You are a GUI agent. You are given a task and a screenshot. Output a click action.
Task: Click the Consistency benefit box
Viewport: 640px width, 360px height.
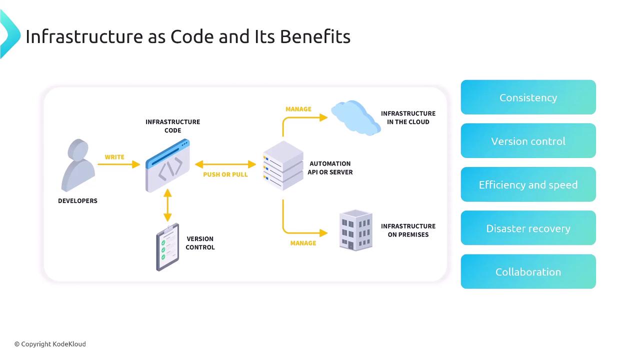coord(528,97)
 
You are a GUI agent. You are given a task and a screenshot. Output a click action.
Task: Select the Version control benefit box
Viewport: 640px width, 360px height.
coord(528,141)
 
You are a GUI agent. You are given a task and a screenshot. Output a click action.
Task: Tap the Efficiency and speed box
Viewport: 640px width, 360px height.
coord(528,184)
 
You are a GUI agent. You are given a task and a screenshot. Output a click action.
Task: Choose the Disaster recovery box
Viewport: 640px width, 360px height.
coord(528,228)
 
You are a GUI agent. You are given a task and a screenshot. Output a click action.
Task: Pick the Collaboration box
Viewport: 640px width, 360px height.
coord(528,271)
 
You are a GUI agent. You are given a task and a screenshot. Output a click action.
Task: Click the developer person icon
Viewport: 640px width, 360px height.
coord(78,165)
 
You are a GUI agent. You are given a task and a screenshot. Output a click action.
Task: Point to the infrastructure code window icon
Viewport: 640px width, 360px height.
coord(168,166)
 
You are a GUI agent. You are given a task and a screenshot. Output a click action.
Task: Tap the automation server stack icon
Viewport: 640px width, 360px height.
coord(283,165)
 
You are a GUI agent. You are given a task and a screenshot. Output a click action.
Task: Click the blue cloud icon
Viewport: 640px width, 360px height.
coord(355,117)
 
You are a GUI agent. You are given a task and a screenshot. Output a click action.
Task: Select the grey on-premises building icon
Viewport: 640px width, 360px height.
coord(356,229)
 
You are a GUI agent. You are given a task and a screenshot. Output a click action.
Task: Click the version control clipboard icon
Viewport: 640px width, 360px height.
coord(167,247)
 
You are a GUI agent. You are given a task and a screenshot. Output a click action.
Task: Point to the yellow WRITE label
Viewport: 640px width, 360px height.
coord(114,157)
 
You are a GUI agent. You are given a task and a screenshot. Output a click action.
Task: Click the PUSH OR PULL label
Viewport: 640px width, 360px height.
coord(225,174)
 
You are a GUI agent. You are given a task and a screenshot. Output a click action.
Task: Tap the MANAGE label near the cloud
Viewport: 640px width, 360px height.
coord(298,109)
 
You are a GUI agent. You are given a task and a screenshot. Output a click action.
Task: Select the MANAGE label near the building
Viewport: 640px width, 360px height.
coord(303,243)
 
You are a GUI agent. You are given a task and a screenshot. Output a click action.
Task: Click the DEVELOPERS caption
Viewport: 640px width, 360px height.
coord(77,200)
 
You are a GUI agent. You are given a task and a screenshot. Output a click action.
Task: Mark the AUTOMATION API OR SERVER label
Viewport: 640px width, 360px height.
coord(330,167)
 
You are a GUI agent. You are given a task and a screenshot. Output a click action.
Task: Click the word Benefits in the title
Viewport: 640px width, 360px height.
coord(315,36)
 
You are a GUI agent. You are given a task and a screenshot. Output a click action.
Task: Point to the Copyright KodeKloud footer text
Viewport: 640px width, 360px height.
coord(50,344)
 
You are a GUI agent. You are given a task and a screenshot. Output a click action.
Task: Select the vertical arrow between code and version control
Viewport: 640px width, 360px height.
coord(167,205)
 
